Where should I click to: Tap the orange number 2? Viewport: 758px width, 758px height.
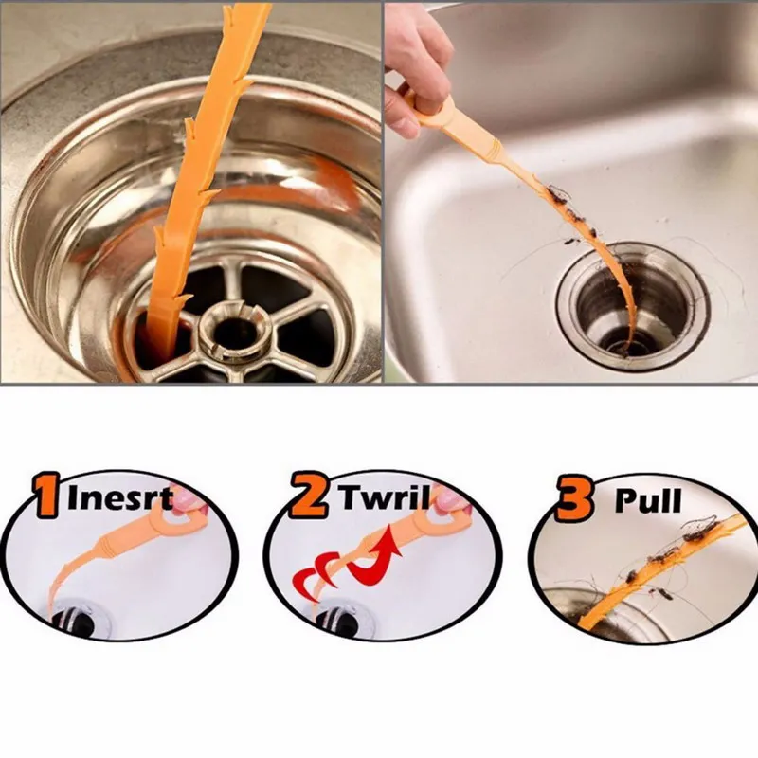click(309, 499)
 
